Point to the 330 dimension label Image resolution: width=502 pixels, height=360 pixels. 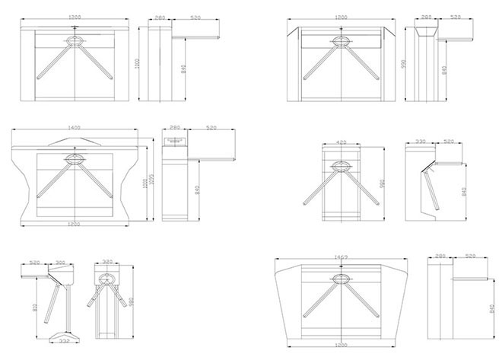click(420, 142)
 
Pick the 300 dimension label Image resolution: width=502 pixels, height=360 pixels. click(61, 263)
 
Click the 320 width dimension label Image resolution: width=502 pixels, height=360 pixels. click(107, 263)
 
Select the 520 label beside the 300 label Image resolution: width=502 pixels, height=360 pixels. click(34, 263)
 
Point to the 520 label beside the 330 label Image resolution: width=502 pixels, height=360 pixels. click(448, 142)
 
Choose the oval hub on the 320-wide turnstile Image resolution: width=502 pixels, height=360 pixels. click(107, 279)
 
